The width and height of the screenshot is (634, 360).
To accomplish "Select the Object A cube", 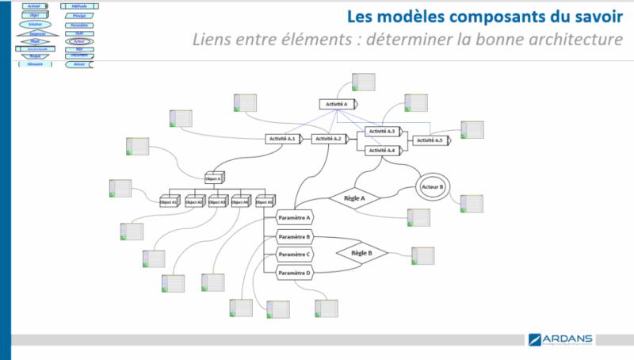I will [x=214, y=179].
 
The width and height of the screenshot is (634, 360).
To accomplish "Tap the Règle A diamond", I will [x=354, y=197].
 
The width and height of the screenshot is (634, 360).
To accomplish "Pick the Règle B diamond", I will [x=361, y=254].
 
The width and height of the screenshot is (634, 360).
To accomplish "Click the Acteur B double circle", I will [x=433, y=187].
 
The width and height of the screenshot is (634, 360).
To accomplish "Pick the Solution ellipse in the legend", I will [x=34, y=25].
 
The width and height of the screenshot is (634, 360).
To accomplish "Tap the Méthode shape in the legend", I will [x=79, y=6].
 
